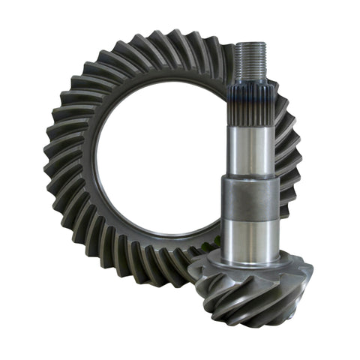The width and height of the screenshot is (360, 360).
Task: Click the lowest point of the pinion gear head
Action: click(x=251, y=326)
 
